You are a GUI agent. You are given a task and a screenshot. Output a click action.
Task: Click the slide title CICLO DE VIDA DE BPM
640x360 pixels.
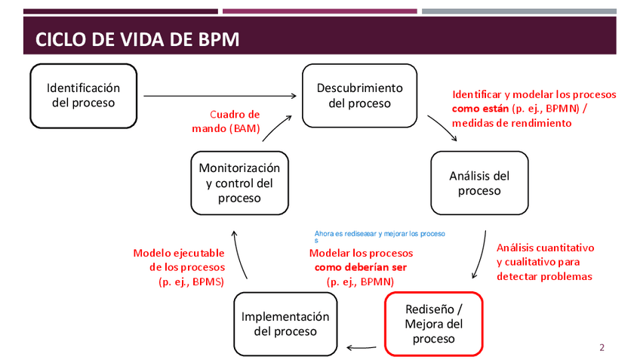[138, 39]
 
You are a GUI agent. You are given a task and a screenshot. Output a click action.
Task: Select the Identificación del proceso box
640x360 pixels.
[84, 95]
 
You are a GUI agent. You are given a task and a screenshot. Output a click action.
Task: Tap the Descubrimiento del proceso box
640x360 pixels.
[359, 95]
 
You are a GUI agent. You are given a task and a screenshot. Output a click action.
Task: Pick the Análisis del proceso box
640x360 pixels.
[479, 183]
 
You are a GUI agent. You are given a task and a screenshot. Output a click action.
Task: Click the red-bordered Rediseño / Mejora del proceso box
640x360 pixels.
[433, 323]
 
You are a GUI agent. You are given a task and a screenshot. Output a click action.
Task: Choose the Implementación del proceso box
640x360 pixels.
[285, 324]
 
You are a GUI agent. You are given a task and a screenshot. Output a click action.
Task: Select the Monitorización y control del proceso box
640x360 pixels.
[239, 183]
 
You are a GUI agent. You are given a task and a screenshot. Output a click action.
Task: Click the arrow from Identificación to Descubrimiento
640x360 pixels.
[219, 96]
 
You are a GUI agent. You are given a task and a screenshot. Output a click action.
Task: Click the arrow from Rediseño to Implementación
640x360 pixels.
[362, 347]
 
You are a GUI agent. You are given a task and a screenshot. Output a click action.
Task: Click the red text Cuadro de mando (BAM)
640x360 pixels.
[226, 122]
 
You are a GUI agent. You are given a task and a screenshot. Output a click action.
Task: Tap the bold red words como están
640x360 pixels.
[479, 109]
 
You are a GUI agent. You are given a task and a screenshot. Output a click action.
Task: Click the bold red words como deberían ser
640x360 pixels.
[360, 267]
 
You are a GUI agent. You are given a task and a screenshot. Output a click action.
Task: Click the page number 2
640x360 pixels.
[602, 348]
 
